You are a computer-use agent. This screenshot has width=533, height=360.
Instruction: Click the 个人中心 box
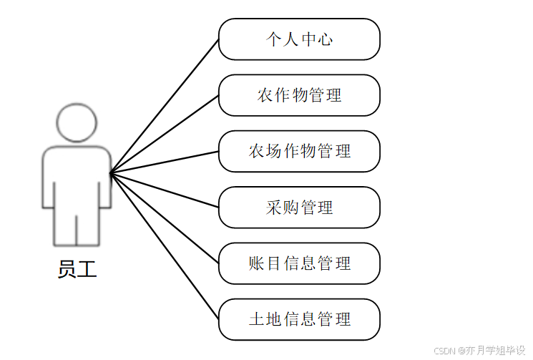click(x=299, y=39)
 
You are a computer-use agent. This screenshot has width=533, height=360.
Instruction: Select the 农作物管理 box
click(x=299, y=95)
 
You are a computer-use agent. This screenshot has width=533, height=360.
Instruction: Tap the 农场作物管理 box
click(x=299, y=151)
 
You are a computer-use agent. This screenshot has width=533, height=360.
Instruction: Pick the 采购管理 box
click(x=299, y=208)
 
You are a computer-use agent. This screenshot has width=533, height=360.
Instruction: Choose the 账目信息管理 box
click(x=299, y=263)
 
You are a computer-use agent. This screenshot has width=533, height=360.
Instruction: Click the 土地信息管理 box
click(x=299, y=319)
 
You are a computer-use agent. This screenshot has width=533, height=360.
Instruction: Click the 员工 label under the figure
click(x=77, y=269)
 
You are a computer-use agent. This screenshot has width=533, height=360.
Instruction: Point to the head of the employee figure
click(x=77, y=123)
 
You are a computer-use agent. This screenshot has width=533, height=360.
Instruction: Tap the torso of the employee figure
click(x=77, y=175)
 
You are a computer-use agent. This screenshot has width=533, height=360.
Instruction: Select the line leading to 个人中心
click(x=165, y=106)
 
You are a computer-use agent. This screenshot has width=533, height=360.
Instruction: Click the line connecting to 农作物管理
click(x=165, y=134)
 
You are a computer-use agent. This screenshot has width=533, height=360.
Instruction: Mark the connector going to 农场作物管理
click(x=165, y=162)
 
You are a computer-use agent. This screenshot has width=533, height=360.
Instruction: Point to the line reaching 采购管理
click(x=165, y=190)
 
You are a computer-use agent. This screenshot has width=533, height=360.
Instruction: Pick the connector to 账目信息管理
click(x=165, y=218)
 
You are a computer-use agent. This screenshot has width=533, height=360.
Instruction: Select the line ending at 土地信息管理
click(x=165, y=245)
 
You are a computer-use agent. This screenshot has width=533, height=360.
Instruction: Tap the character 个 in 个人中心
click(x=273, y=39)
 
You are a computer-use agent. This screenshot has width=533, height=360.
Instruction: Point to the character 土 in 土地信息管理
click(x=256, y=319)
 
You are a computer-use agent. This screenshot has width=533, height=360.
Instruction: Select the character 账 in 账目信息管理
click(x=256, y=263)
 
